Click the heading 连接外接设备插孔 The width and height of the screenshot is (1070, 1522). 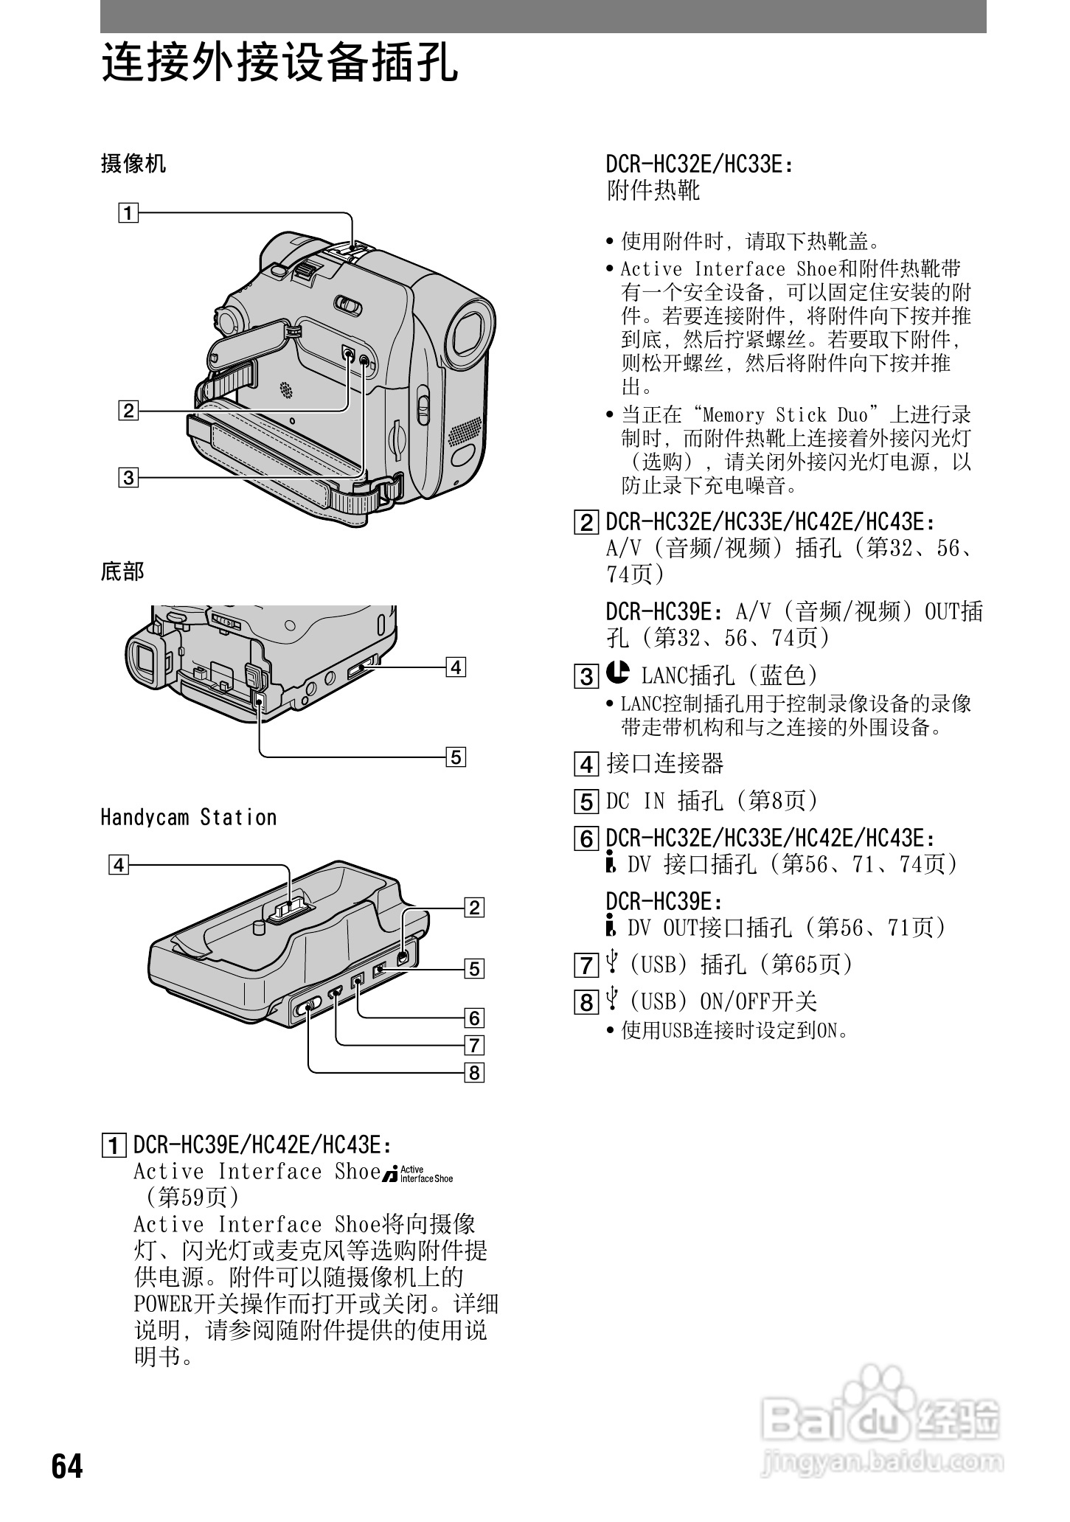(279, 63)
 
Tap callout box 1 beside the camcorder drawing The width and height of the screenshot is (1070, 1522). (128, 214)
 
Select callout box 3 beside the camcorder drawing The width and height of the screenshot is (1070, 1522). (128, 477)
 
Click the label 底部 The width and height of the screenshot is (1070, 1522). (122, 571)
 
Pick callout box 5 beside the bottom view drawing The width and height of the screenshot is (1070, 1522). (456, 757)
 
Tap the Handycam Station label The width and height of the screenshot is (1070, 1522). (189, 817)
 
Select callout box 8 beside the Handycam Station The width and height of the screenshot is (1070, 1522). (473, 1072)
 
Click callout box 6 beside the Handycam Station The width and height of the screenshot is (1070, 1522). (473, 1018)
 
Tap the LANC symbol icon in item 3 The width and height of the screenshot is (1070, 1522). (618, 672)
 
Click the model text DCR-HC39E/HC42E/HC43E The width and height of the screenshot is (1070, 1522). (261, 1145)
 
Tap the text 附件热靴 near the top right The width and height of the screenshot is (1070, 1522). (653, 191)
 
